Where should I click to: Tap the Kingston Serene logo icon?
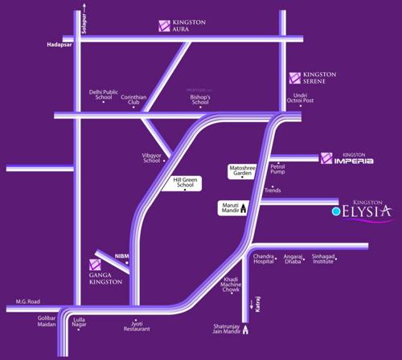point(295,79)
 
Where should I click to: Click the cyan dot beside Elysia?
point(336,212)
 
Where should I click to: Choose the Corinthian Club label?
point(135,100)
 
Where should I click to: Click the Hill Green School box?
point(187,182)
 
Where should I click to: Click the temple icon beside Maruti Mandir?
point(242,208)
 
